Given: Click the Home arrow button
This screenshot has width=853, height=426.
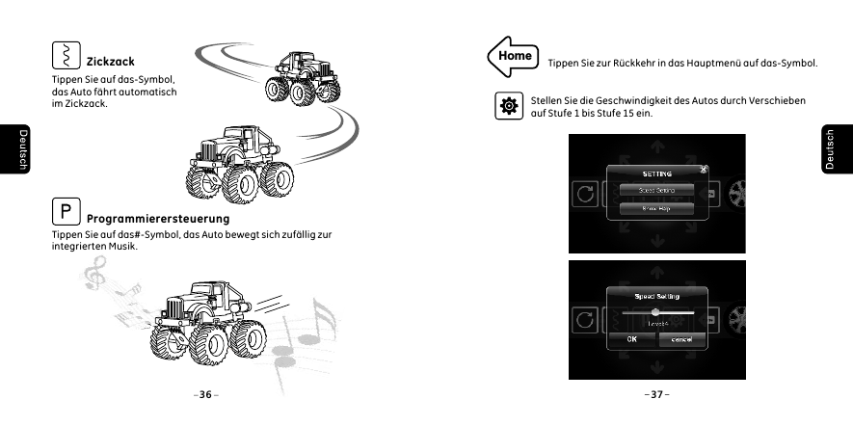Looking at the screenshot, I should (513, 56).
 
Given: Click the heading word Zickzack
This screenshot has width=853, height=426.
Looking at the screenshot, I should (110, 62).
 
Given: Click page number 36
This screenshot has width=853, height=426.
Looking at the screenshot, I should (204, 394).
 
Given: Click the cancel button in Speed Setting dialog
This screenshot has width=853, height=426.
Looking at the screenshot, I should (680, 339).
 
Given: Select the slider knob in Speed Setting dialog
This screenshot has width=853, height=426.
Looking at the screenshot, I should (655, 312).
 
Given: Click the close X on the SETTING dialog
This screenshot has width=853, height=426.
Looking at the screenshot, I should (704, 170).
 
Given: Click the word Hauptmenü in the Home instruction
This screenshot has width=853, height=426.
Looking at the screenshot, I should (714, 64).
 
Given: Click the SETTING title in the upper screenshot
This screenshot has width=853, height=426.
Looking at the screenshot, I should (656, 173).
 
